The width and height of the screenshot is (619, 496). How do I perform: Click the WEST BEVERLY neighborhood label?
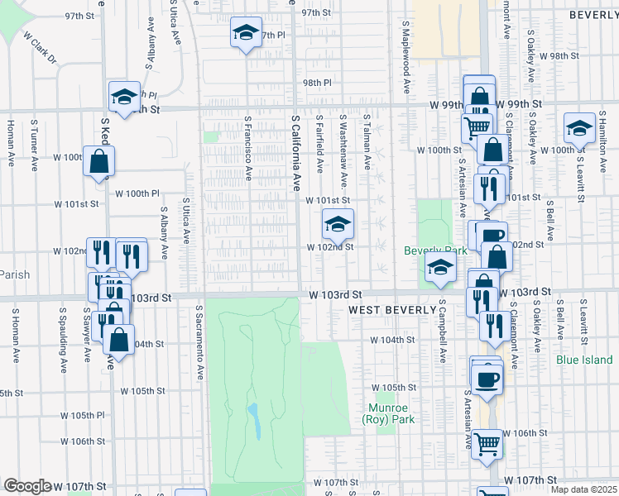(391, 310)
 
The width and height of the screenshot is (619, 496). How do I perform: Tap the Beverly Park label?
(429, 250)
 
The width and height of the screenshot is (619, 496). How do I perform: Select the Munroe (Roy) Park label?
(387, 413)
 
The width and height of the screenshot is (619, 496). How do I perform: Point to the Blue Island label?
(584, 360)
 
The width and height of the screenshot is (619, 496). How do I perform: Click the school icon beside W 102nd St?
(337, 226)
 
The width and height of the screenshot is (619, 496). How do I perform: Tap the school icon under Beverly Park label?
(440, 267)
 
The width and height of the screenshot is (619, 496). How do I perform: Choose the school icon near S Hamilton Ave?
(579, 128)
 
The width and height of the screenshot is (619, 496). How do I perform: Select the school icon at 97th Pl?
(245, 33)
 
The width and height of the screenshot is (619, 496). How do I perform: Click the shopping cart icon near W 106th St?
(486, 444)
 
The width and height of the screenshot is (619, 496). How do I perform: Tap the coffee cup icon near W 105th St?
(487, 379)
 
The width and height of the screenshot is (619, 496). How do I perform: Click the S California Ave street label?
(294, 152)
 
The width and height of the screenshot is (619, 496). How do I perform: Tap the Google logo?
(27, 486)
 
